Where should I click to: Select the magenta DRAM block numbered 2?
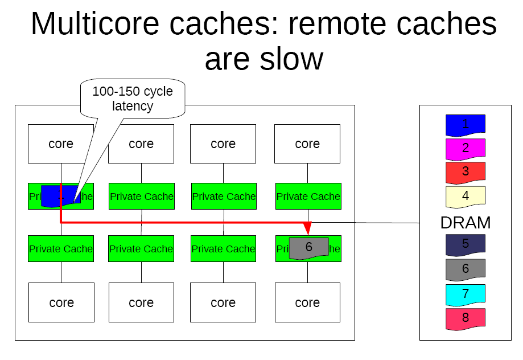pyautogui.click(x=465, y=148)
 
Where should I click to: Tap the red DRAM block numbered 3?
pyautogui.click(x=465, y=171)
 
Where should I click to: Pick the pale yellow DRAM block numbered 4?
pyautogui.click(x=465, y=195)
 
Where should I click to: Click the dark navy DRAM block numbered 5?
pyautogui.click(x=465, y=244)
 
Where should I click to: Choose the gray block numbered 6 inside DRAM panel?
pyautogui.click(x=465, y=268)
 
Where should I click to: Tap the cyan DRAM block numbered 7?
pyautogui.click(x=465, y=294)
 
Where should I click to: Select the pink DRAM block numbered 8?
pyautogui.click(x=465, y=318)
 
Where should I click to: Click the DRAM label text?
pyautogui.click(x=466, y=223)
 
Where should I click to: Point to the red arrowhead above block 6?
pyautogui.click(x=308, y=228)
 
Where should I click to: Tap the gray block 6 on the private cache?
pyautogui.click(x=308, y=247)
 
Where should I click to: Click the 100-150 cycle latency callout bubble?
pyautogui.click(x=133, y=99)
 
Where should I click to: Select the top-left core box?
pyautogui.click(x=61, y=144)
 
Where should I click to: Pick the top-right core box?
pyautogui.click(x=307, y=144)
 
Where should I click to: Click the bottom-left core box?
pyautogui.click(x=61, y=302)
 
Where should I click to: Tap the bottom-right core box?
pyautogui.click(x=307, y=302)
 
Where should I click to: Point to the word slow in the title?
pyautogui.click(x=290, y=59)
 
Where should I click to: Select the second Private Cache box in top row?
pyautogui.click(x=141, y=197)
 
